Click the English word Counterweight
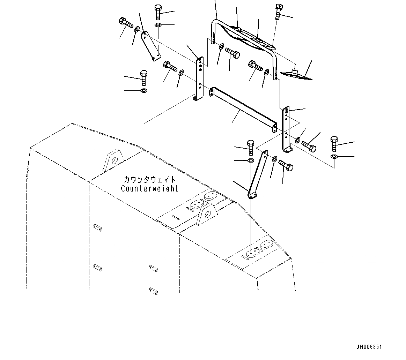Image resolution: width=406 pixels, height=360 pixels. (x=149, y=188)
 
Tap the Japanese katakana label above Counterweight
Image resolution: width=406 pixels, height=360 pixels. (x=149, y=180)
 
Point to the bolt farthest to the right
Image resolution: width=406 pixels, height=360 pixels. (x=334, y=143)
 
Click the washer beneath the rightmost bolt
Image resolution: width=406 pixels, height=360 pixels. (x=334, y=156)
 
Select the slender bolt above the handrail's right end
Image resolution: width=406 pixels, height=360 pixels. (x=278, y=12)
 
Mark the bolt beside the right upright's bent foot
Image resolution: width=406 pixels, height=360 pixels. (x=309, y=146)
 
